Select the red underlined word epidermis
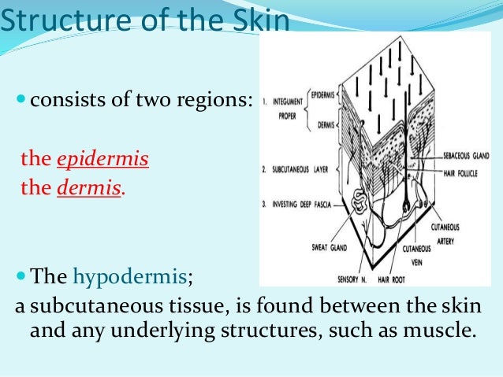(102, 159)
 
